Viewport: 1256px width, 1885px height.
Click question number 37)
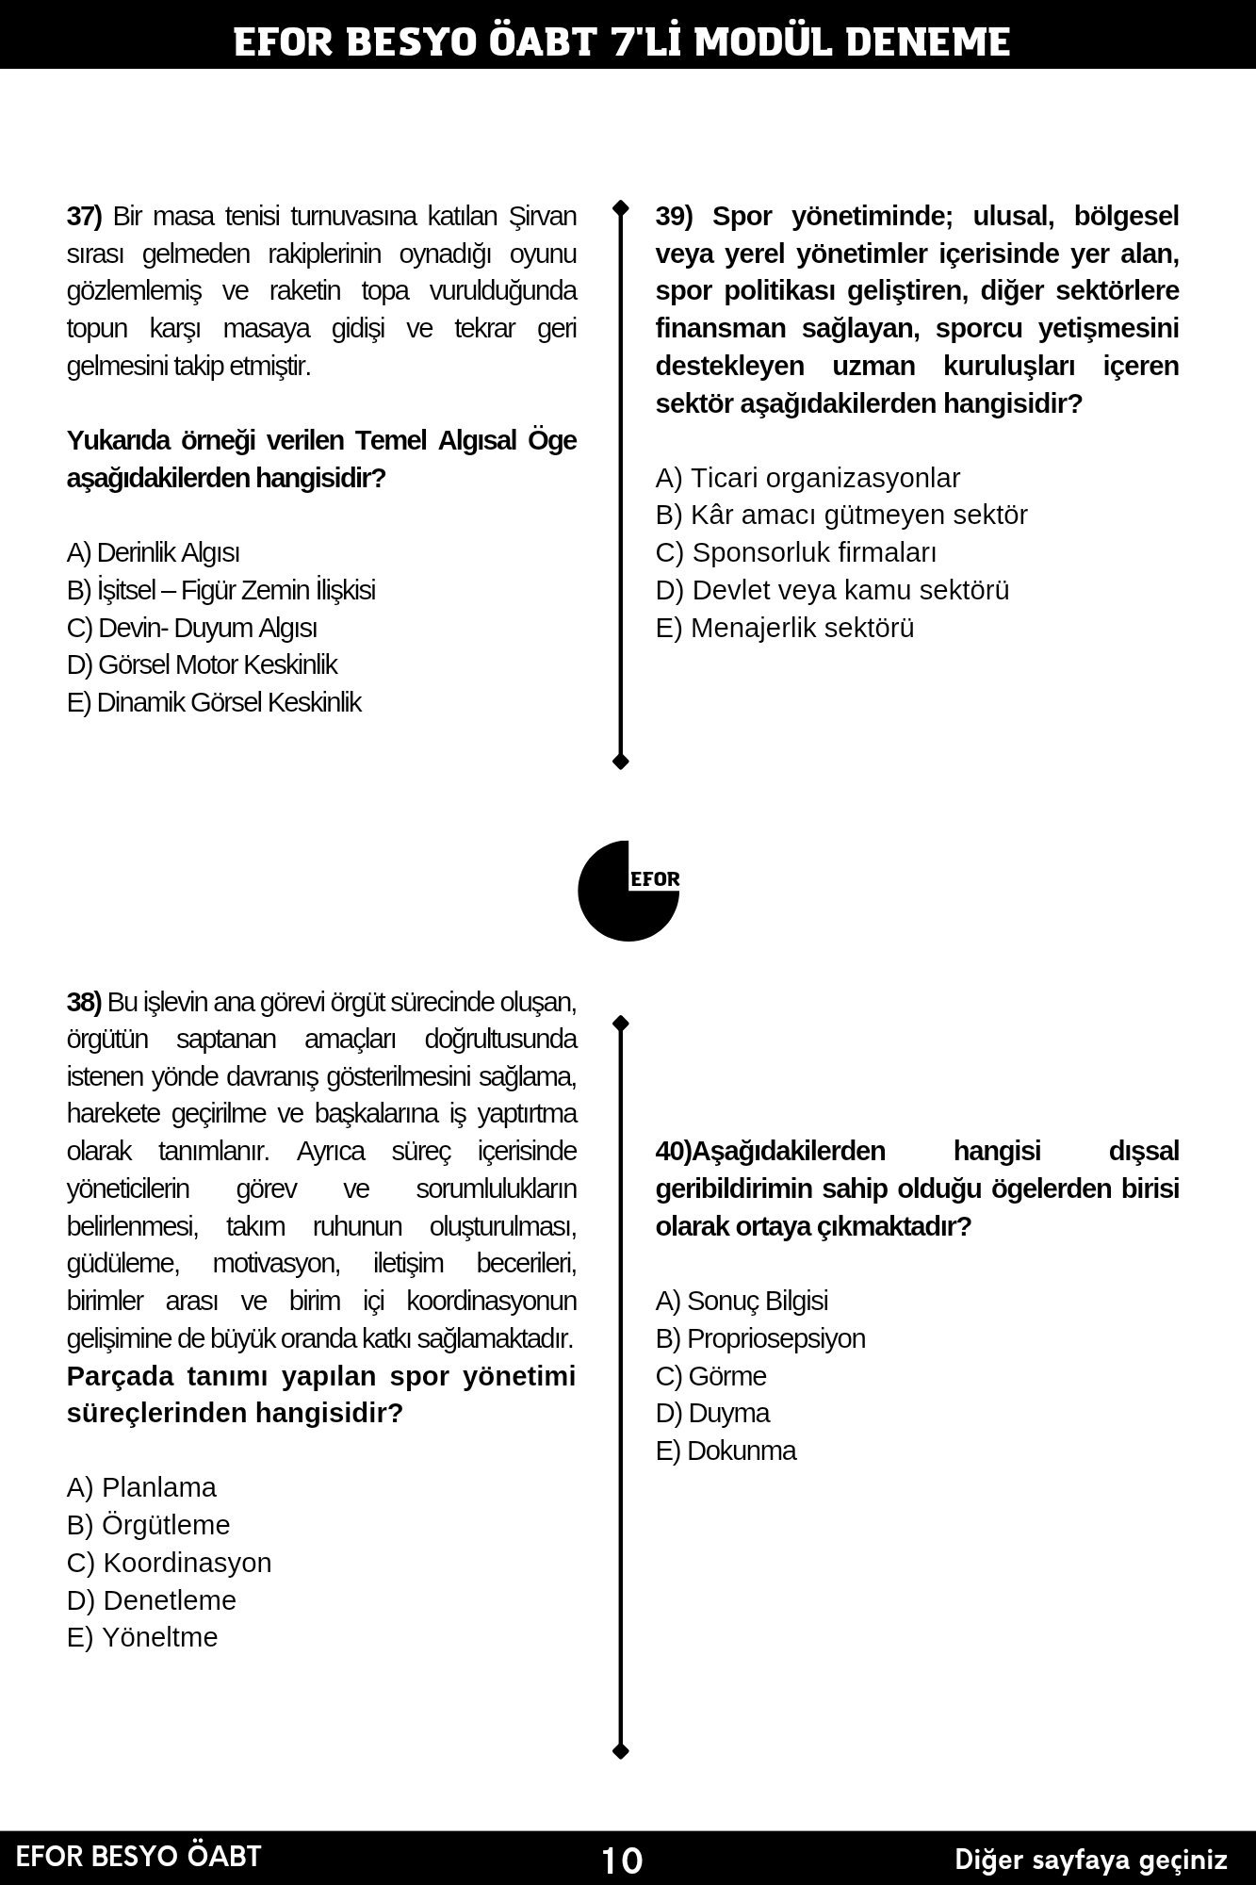(84, 217)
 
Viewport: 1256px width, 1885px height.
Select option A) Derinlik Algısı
(153, 552)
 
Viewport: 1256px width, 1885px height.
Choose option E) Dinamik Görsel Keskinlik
(214, 702)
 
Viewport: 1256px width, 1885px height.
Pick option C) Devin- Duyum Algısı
(191, 628)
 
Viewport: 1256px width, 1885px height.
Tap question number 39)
(674, 217)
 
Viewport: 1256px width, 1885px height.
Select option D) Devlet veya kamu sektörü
(832, 590)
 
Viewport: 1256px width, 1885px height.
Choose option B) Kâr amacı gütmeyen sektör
(841, 515)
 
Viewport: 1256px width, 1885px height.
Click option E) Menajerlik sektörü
(785, 628)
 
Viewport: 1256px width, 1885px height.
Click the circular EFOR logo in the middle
(628, 891)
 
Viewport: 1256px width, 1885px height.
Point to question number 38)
(84, 1002)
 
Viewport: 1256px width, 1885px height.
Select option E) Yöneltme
(142, 1637)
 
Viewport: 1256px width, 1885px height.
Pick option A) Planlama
(141, 1487)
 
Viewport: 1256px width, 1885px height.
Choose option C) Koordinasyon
(169, 1563)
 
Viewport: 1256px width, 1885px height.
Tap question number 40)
(674, 1152)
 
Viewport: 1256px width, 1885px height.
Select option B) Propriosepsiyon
(759, 1338)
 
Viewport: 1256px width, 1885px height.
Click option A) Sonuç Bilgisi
(742, 1301)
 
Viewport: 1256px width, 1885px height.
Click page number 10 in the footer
(622, 1860)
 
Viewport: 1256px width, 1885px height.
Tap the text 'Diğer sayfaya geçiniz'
(1091, 1860)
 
